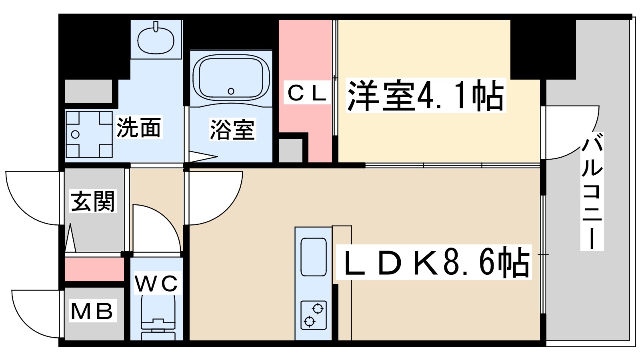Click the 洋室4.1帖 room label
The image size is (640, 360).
(x=425, y=96)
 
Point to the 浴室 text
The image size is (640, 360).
(x=232, y=130)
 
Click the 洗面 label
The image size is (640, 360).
(x=138, y=128)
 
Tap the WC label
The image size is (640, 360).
(x=156, y=284)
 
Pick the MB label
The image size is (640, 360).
(x=92, y=311)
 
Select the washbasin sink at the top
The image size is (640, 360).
(x=156, y=40)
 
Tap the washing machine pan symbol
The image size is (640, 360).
(x=88, y=134)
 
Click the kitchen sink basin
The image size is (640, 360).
(x=313, y=257)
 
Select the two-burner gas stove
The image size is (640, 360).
(x=313, y=315)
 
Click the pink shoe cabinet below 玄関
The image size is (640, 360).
(x=94, y=270)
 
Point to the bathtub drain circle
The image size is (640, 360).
(x=231, y=91)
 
